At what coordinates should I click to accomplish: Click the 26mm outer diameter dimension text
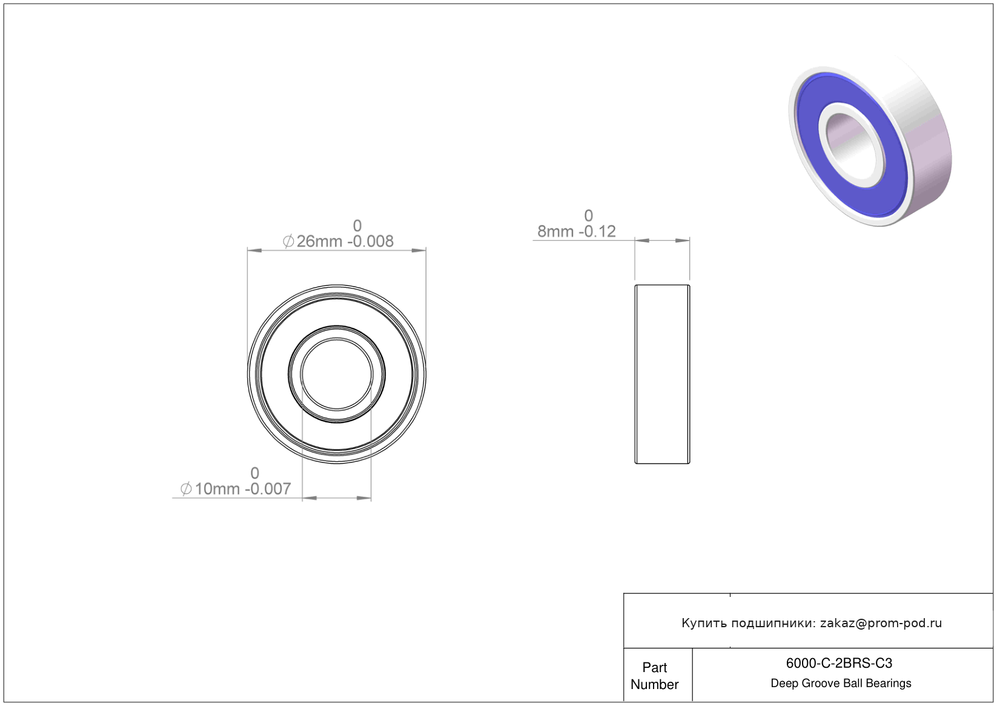click(319, 241)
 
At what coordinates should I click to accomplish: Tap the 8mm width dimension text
click(555, 231)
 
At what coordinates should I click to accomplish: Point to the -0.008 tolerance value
click(370, 241)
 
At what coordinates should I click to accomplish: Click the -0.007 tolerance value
click(268, 489)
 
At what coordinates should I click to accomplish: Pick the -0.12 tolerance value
click(597, 231)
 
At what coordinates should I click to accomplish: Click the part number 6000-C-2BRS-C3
click(839, 663)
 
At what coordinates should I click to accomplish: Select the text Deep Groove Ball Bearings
click(841, 684)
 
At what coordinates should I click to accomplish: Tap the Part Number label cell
click(654, 676)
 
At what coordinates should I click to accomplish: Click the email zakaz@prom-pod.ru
click(881, 623)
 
